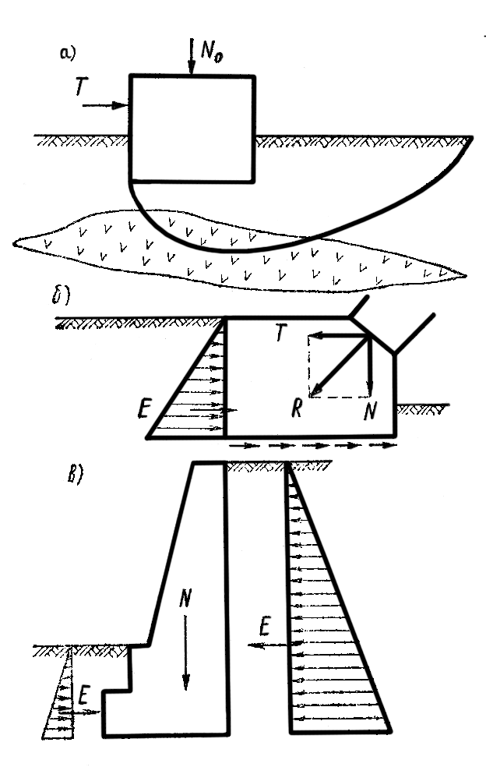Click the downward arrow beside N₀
pos(191,56)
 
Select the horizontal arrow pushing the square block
pos(105,105)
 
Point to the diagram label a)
pos(68,53)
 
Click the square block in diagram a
pos(192,129)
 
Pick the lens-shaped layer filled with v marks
pos(240,251)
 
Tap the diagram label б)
pos(61,298)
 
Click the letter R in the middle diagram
pos(297,408)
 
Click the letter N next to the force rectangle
pos(370,410)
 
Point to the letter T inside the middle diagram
pos(280,333)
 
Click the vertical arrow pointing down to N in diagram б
pos(370,366)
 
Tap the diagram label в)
pos(75,474)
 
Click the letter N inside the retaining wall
pos(185,597)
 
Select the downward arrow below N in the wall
pos(185,652)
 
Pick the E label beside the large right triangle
pos(265,626)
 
